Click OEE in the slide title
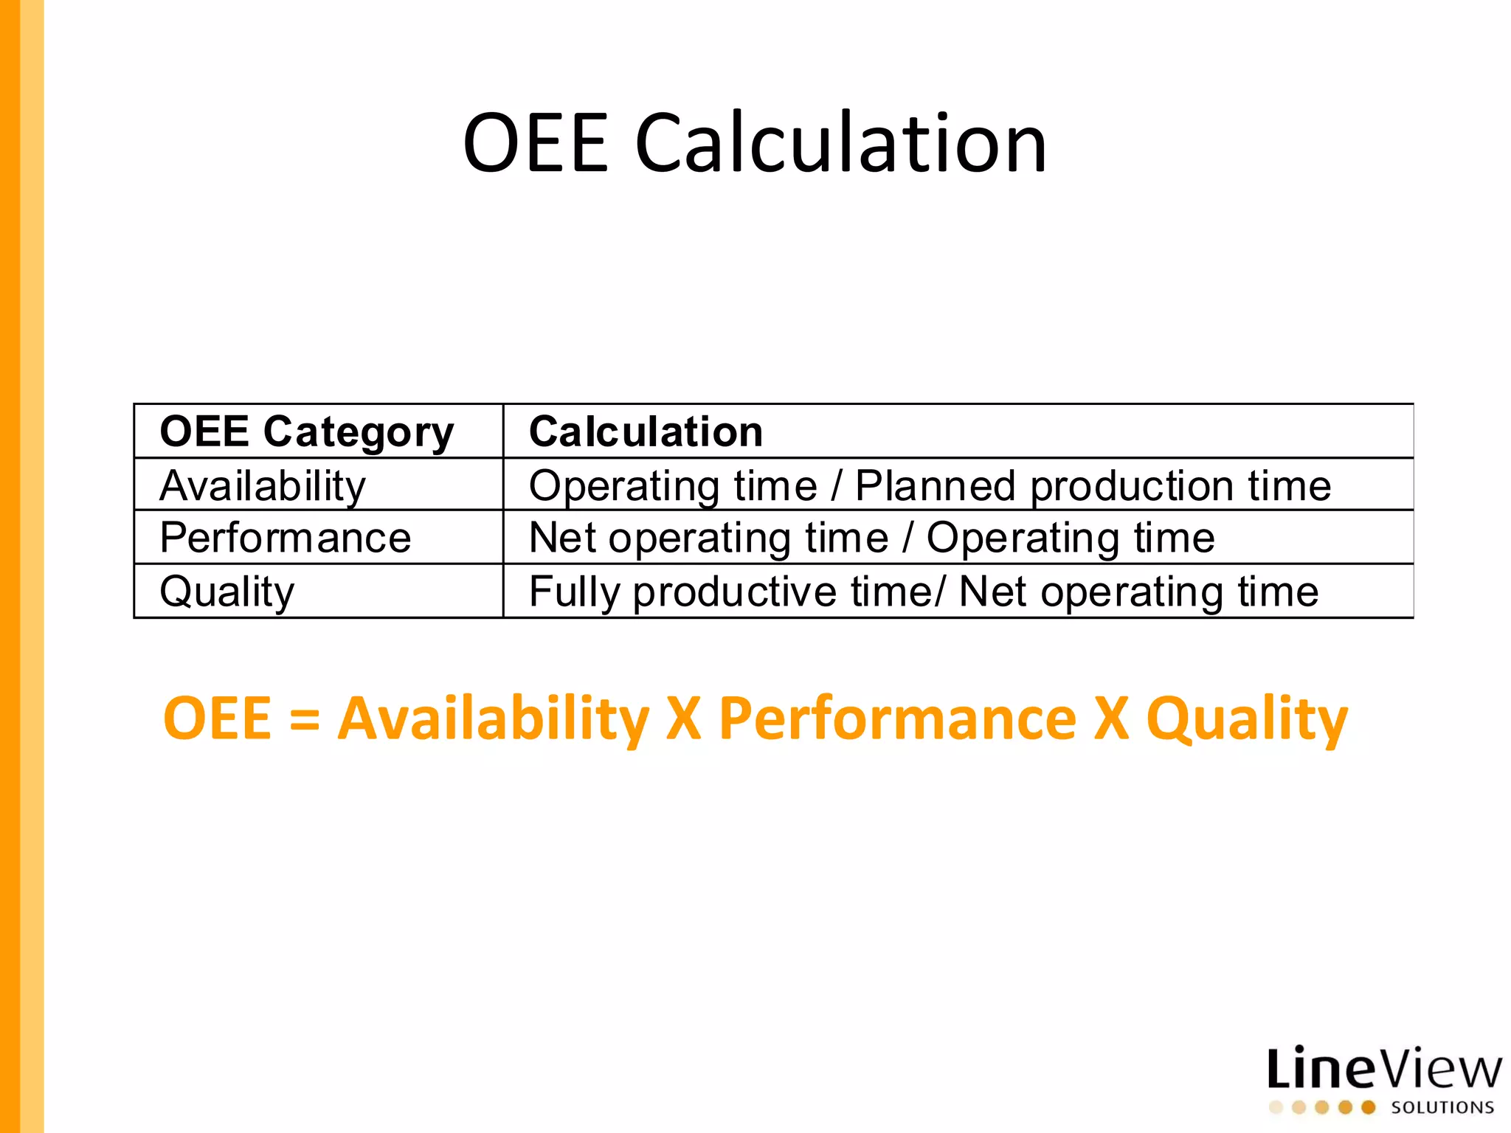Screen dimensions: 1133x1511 (536, 143)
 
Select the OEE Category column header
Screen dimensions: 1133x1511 (306, 432)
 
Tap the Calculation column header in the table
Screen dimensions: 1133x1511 (646, 432)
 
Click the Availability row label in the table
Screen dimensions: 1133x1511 (263, 486)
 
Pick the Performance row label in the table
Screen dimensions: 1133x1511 (285, 538)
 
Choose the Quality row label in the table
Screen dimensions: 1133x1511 (227, 592)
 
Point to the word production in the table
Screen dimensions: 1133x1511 (1132, 486)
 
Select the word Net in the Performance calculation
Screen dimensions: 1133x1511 (561, 538)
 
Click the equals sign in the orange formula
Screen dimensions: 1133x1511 (305, 719)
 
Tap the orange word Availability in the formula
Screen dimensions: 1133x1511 (493, 719)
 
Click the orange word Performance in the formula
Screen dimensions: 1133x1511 (897, 719)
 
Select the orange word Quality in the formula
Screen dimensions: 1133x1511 (1246, 719)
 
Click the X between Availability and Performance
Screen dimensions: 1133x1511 (683, 719)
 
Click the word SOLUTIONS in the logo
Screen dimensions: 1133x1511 (1442, 1107)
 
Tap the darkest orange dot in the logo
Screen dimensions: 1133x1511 (1368, 1107)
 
